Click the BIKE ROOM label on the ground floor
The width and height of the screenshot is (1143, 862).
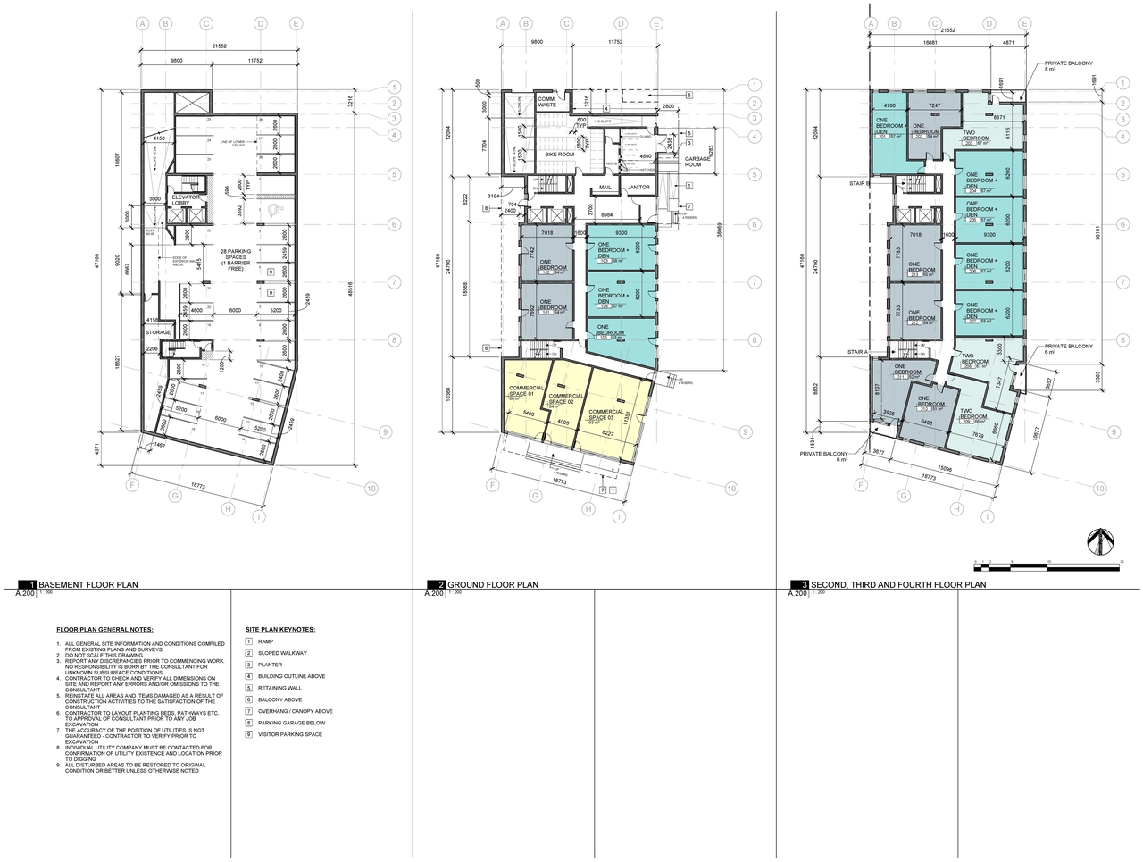pos(560,155)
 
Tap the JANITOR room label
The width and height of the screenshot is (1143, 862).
pos(638,188)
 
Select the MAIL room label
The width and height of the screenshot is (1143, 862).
pos(605,188)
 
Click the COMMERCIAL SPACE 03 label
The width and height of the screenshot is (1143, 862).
pos(605,414)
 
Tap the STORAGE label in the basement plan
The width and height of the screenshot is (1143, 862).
pos(158,332)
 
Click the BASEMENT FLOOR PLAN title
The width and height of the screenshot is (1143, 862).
pos(88,585)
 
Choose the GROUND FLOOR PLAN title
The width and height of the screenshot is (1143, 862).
pos(492,585)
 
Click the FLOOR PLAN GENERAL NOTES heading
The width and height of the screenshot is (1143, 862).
pos(104,630)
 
